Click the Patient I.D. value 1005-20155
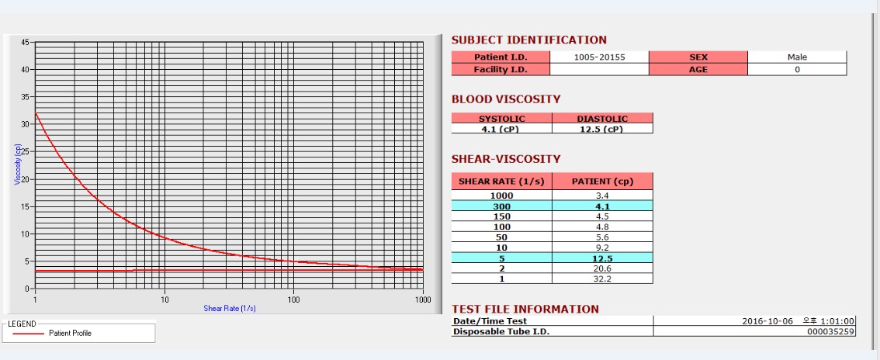pos(599,57)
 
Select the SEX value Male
pos(797,57)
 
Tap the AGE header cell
pos(698,69)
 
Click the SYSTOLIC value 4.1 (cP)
pos(502,129)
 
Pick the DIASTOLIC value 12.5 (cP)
pos(602,129)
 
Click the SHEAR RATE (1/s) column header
pos(501,182)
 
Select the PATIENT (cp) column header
pos(602,182)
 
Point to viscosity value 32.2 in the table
pos(602,279)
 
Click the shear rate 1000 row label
pos(501,196)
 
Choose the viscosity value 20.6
pos(602,268)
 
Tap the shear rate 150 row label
pos(501,216)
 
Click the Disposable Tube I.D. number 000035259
pos(831,331)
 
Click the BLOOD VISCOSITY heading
pos(506,99)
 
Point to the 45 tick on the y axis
pos(26,42)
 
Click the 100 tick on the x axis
pos(293,299)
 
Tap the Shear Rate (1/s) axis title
pos(230,308)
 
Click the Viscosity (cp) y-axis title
pos(17,165)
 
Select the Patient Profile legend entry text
pos(70,333)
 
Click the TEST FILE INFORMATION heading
pos(525,309)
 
